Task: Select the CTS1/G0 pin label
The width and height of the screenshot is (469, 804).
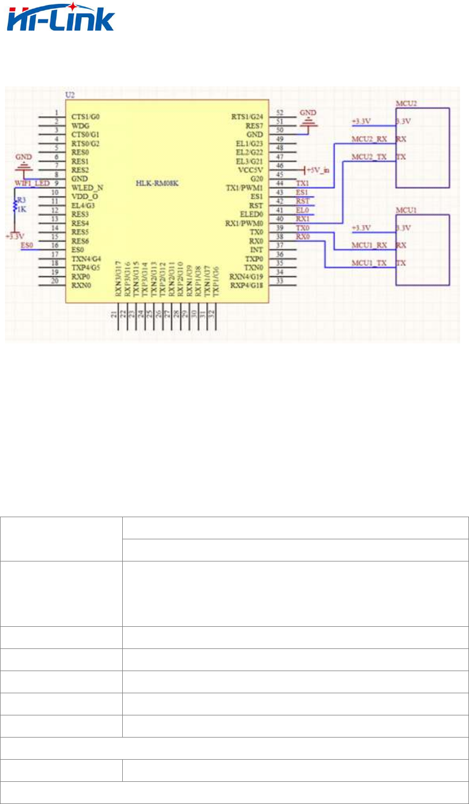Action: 86,117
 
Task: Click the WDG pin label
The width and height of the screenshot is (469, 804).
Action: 80,126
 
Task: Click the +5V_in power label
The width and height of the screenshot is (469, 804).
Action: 318,171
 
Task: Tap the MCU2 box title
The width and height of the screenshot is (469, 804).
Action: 406,103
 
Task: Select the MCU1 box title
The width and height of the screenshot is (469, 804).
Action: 406,210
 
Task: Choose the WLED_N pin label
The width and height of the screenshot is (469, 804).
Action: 87,188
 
